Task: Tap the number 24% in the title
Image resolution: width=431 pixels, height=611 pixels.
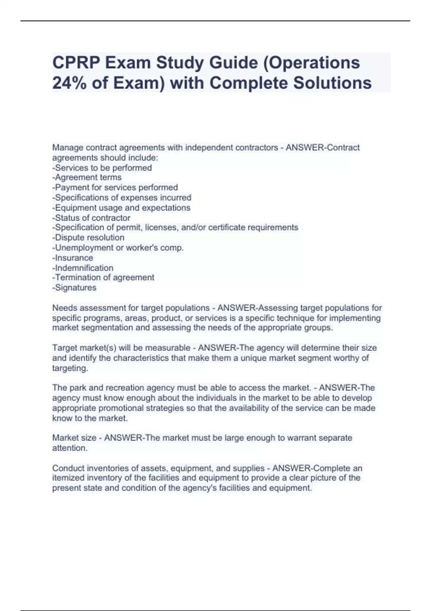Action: (x=69, y=83)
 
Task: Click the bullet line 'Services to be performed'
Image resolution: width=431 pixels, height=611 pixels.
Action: (x=102, y=168)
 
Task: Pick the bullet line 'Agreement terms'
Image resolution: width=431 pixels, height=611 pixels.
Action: (x=87, y=178)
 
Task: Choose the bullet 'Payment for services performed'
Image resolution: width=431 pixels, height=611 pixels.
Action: (x=115, y=188)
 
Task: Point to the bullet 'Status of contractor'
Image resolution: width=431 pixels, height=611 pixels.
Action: (x=92, y=218)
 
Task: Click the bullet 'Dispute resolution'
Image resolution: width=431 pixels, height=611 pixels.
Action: (x=89, y=238)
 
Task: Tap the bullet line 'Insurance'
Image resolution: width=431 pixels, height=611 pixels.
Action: (x=73, y=258)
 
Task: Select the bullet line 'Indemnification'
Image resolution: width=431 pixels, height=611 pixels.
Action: (x=83, y=268)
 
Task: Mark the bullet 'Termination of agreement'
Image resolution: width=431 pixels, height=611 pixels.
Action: (x=103, y=277)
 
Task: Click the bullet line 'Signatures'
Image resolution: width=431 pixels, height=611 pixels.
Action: (x=75, y=288)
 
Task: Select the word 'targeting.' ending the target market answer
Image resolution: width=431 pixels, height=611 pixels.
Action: (x=70, y=368)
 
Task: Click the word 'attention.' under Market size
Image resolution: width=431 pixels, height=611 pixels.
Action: (x=70, y=448)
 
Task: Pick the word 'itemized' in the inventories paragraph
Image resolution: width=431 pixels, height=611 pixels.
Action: (x=68, y=478)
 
